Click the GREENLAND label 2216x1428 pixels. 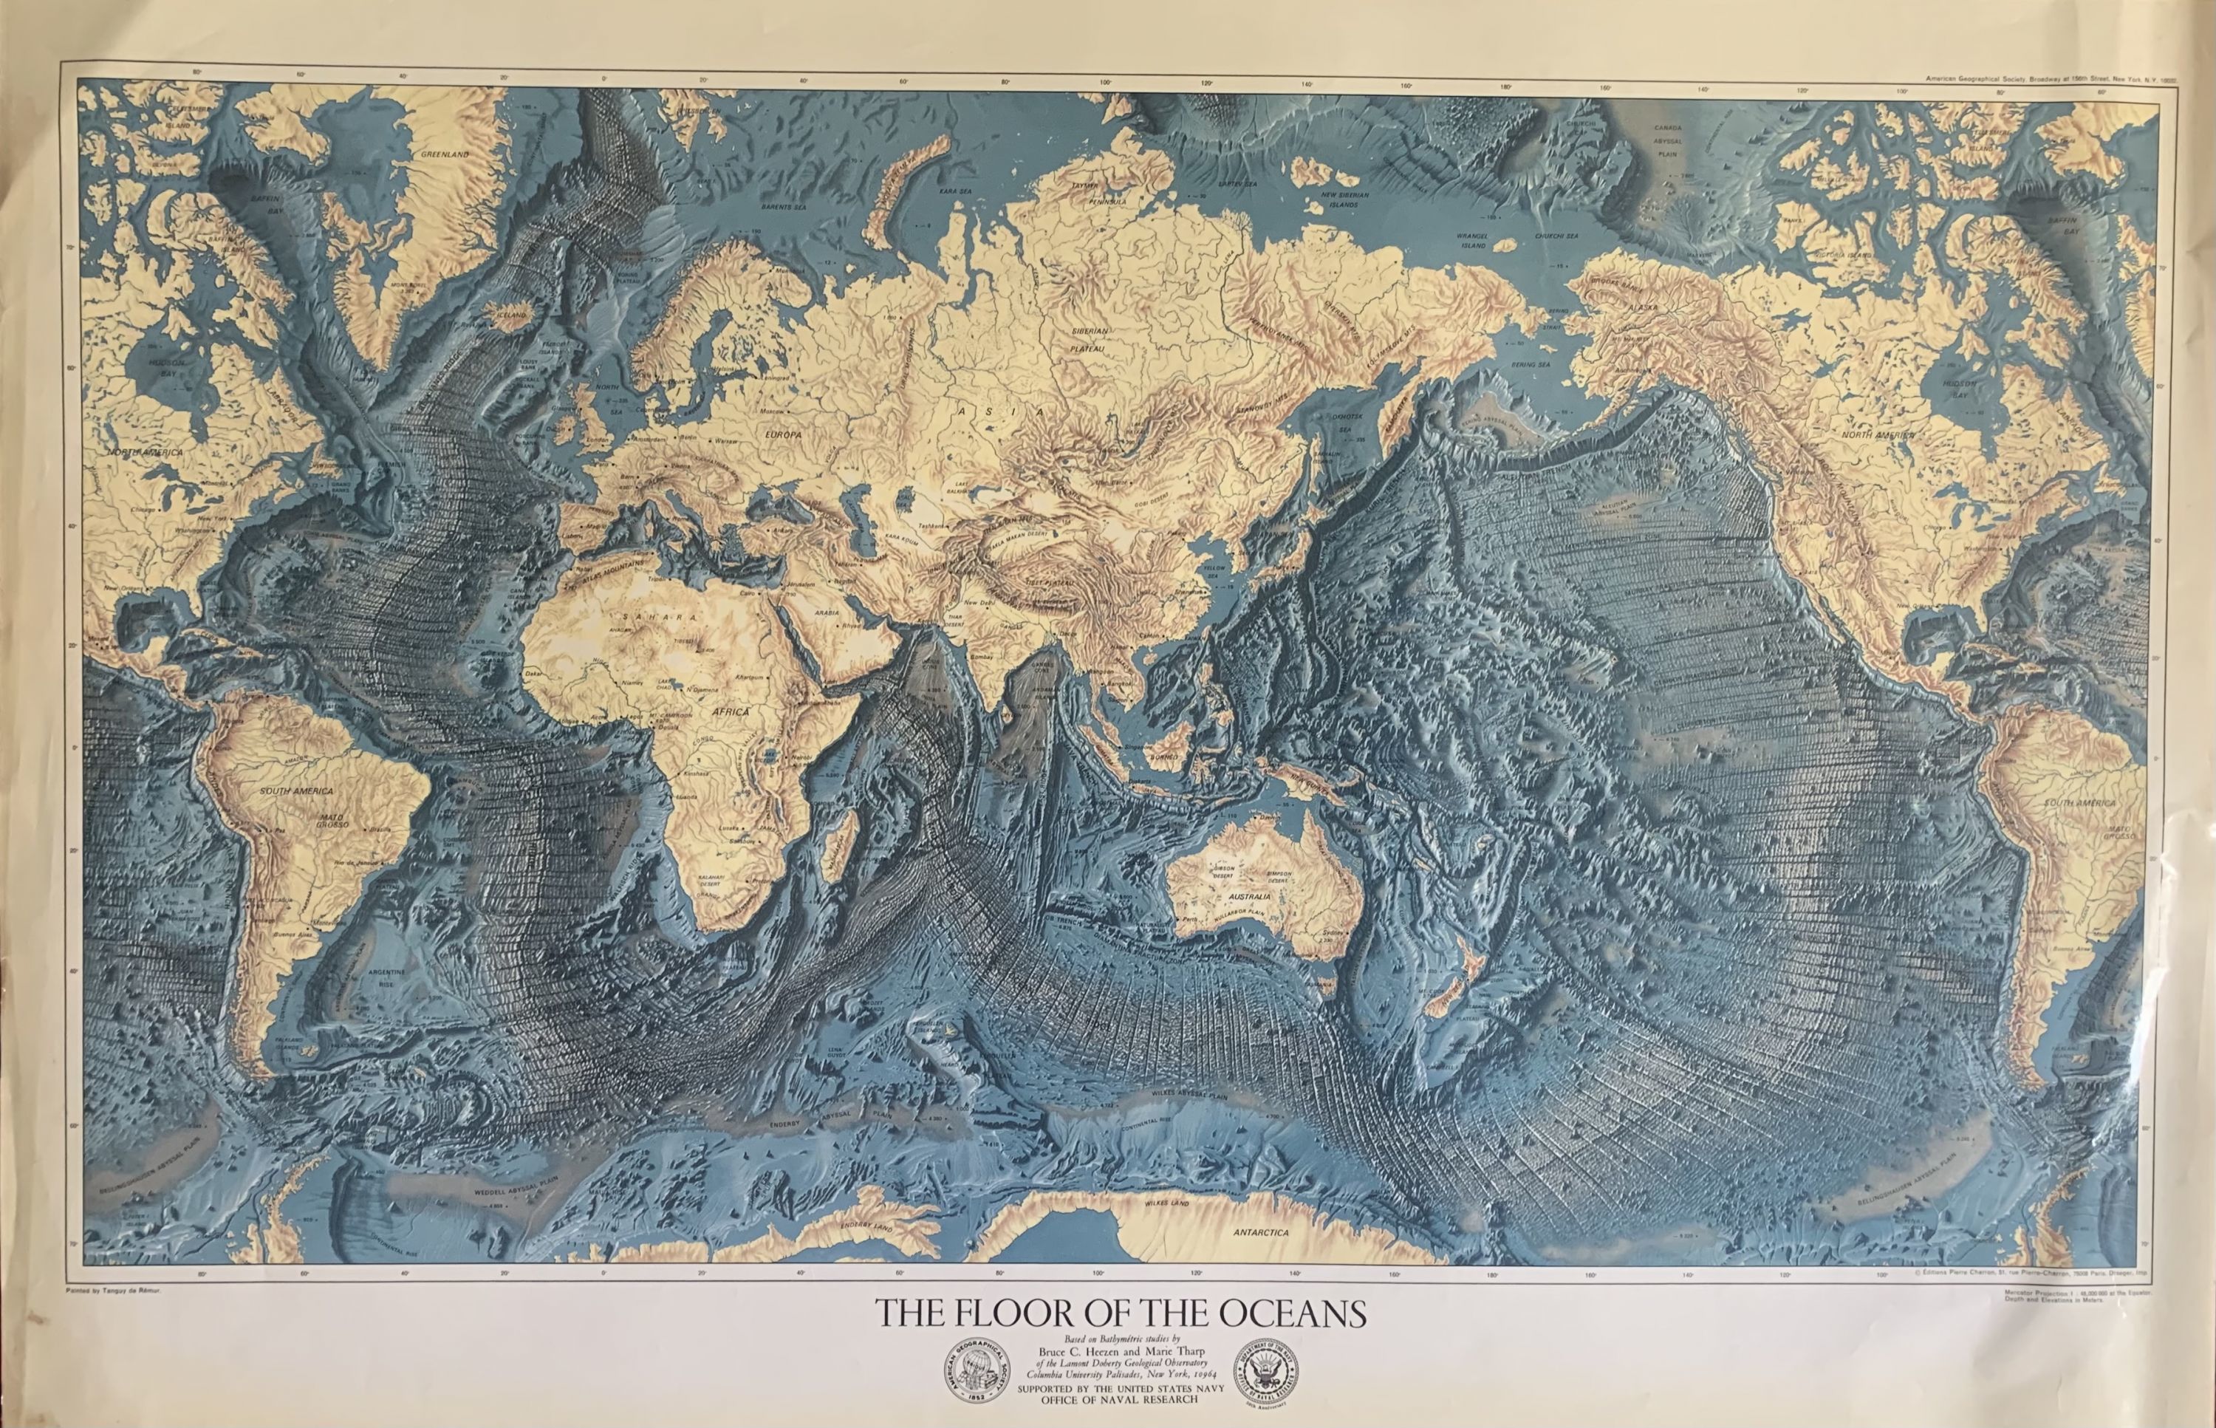click(445, 155)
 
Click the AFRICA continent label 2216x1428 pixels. click(731, 712)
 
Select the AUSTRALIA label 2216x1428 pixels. click(1249, 897)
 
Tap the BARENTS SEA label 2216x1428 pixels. click(784, 208)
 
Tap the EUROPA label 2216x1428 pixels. click(782, 433)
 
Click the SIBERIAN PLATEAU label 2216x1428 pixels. click(1090, 338)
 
